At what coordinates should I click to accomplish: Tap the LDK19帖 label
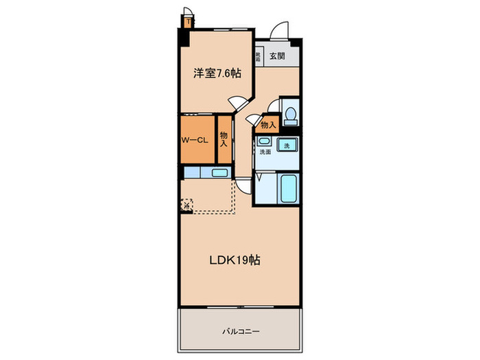[235, 260]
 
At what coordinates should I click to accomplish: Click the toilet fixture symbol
[291, 115]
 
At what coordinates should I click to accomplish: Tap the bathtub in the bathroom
[288, 187]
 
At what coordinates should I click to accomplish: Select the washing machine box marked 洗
[288, 145]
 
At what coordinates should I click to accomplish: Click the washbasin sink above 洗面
[264, 141]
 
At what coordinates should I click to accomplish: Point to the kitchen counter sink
[219, 172]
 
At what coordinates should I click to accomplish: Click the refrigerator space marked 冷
[187, 204]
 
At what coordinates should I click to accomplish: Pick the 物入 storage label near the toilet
[267, 125]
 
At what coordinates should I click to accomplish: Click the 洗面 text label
[265, 152]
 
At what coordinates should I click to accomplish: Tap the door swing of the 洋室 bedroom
[238, 102]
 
